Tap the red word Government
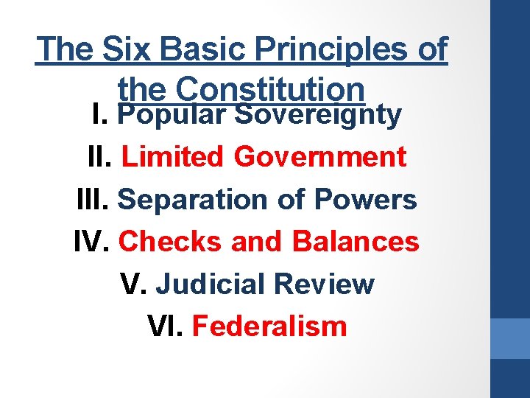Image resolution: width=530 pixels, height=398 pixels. (319, 156)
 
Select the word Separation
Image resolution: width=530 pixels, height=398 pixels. (193, 199)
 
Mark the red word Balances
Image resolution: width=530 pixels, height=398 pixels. (355, 241)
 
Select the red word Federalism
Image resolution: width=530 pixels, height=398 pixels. (269, 326)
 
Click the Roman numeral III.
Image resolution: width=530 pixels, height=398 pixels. (93, 199)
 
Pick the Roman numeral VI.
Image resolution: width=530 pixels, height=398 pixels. (165, 326)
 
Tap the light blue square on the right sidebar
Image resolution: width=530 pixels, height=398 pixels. (510, 338)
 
